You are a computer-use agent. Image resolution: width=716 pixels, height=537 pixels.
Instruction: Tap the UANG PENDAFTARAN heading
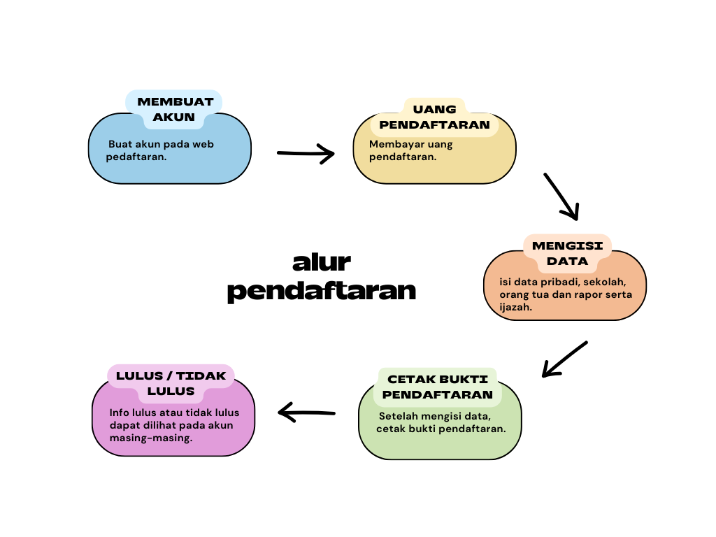(x=434, y=117)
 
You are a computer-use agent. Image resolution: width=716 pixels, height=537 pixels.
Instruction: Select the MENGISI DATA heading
(x=567, y=253)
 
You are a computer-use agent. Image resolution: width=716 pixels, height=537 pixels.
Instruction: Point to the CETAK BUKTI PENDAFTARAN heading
(x=438, y=387)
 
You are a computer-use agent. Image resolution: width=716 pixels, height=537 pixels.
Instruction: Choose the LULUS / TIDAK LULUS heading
(x=171, y=383)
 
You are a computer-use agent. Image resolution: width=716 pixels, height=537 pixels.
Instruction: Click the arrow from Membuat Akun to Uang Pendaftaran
(x=306, y=153)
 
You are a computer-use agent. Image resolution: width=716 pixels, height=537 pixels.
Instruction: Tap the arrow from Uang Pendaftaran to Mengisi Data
(x=561, y=196)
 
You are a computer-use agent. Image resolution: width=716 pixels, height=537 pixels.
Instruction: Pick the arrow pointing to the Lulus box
(x=307, y=413)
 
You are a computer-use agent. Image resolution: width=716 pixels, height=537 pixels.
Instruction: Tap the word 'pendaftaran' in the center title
(x=322, y=290)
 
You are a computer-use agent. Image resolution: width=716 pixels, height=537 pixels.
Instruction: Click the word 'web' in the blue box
(x=203, y=144)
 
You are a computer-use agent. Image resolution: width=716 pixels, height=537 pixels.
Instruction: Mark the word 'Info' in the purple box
(x=120, y=412)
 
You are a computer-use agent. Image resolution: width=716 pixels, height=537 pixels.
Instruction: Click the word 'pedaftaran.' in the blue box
(x=137, y=157)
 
